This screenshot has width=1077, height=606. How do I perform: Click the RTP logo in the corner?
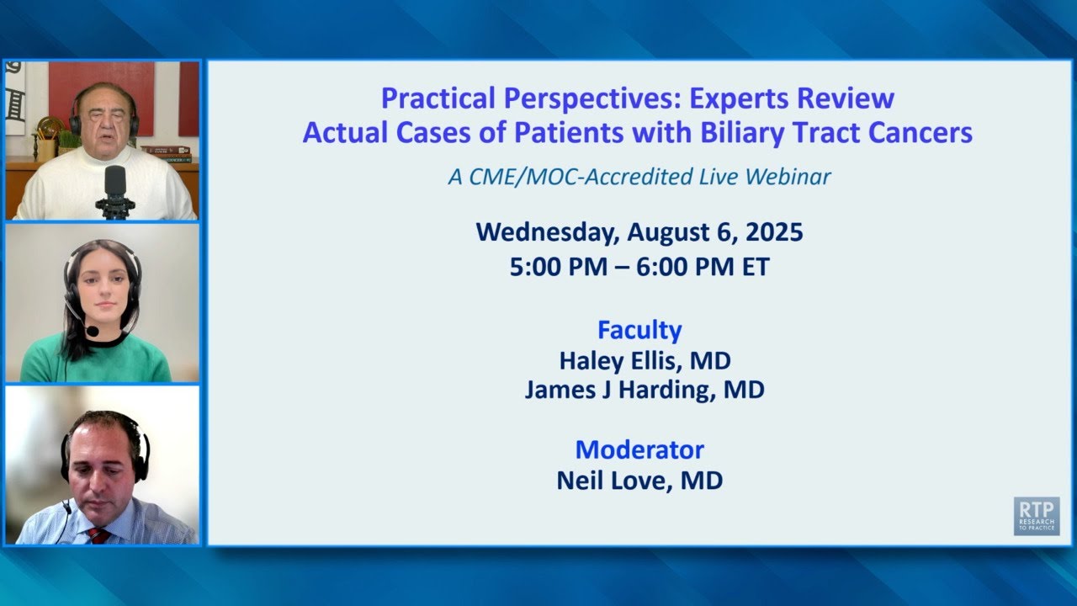pos(1036,516)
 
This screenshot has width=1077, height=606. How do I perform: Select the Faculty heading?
pos(639,329)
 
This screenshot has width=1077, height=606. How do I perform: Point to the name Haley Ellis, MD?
pos(645,360)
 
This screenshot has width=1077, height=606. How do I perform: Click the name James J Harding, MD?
pos(645,391)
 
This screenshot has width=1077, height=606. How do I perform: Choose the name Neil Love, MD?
pos(639,481)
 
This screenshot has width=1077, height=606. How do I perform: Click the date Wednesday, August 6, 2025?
pos(639,231)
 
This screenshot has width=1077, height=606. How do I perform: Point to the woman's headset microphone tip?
pos(93,332)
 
